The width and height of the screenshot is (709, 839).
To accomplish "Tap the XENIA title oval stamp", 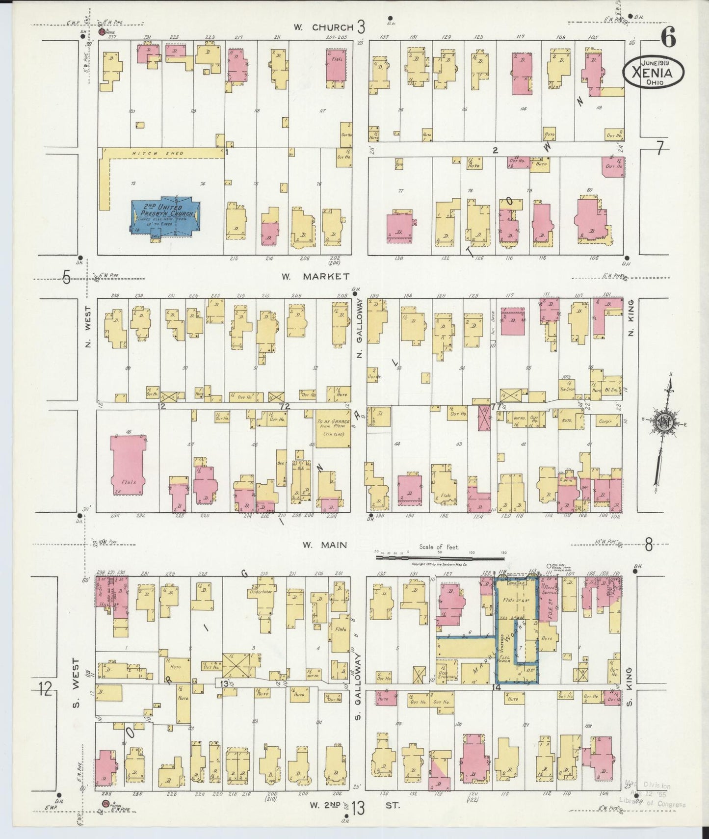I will [654, 73].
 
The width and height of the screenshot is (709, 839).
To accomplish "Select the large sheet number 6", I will [668, 36].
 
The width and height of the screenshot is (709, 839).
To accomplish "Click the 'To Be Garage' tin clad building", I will [332, 428].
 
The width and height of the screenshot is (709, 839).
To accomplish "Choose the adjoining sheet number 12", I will [45, 689].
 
